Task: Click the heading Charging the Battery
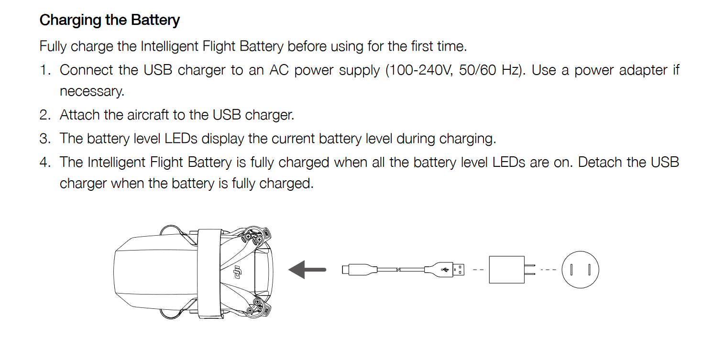(110, 21)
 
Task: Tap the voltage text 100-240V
(420, 70)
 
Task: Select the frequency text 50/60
(477, 70)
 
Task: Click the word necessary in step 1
(91, 92)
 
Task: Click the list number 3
(44, 139)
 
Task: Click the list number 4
(44, 162)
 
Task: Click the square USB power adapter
(506, 270)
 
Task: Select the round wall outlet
(580, 270)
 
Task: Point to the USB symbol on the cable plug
(445, 270)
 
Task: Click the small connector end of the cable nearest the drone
(345, 270)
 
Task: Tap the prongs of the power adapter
(530, 270)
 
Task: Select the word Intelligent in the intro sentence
(170, 46)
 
